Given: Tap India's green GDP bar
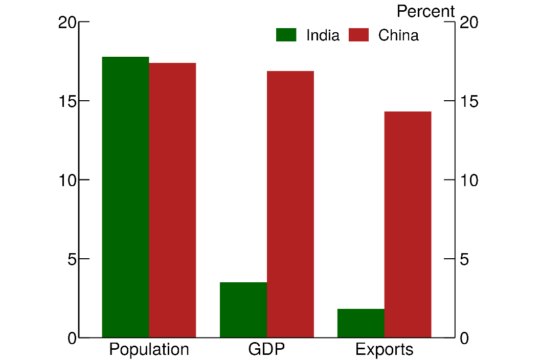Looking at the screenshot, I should point(243,310).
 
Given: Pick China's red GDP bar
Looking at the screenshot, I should point(290,204).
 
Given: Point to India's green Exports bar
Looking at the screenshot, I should point(361,323).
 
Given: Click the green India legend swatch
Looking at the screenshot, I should point(286,35).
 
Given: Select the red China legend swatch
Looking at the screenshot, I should point(358,35).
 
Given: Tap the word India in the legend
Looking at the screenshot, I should point(323,35).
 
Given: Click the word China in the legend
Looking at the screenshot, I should point(398,35).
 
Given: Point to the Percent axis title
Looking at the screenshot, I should point(425,11).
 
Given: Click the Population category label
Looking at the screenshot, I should point(149,350).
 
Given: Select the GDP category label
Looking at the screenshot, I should point(266,350).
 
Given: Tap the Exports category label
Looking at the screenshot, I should point(384,350).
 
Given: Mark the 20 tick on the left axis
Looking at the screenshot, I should point(67,22).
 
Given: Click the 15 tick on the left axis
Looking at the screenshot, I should point(67,101).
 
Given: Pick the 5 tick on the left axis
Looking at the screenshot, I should point(72,259).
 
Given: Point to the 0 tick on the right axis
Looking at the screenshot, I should point(464,338).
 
